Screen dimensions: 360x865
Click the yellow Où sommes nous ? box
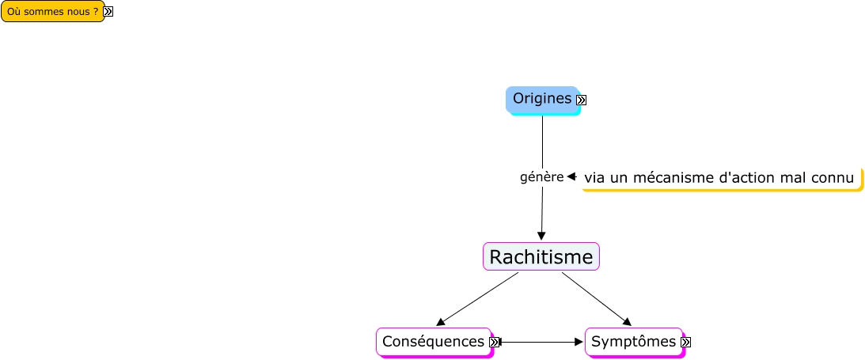tap(52, 12)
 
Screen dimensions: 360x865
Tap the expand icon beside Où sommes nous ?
tap(108, 12)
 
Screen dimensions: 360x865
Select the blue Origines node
tap(541, 99)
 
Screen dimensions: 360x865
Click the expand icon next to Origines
tap(582, 100)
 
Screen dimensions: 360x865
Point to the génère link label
tap(541, 177)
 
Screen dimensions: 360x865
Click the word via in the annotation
tap(595, 179)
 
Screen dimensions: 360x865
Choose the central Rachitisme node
tap(541, 257)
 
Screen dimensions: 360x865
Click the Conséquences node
tap(433, 342)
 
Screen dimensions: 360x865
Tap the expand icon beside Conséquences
tap(495, 342)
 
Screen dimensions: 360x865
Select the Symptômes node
tap(633, 342)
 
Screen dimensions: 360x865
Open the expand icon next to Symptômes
tap(686, 342)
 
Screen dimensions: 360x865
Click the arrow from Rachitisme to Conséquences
tap(477, 299)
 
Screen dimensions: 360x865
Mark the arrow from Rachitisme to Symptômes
tap(597, 299)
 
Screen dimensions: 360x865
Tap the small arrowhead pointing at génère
tap(571, 177)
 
